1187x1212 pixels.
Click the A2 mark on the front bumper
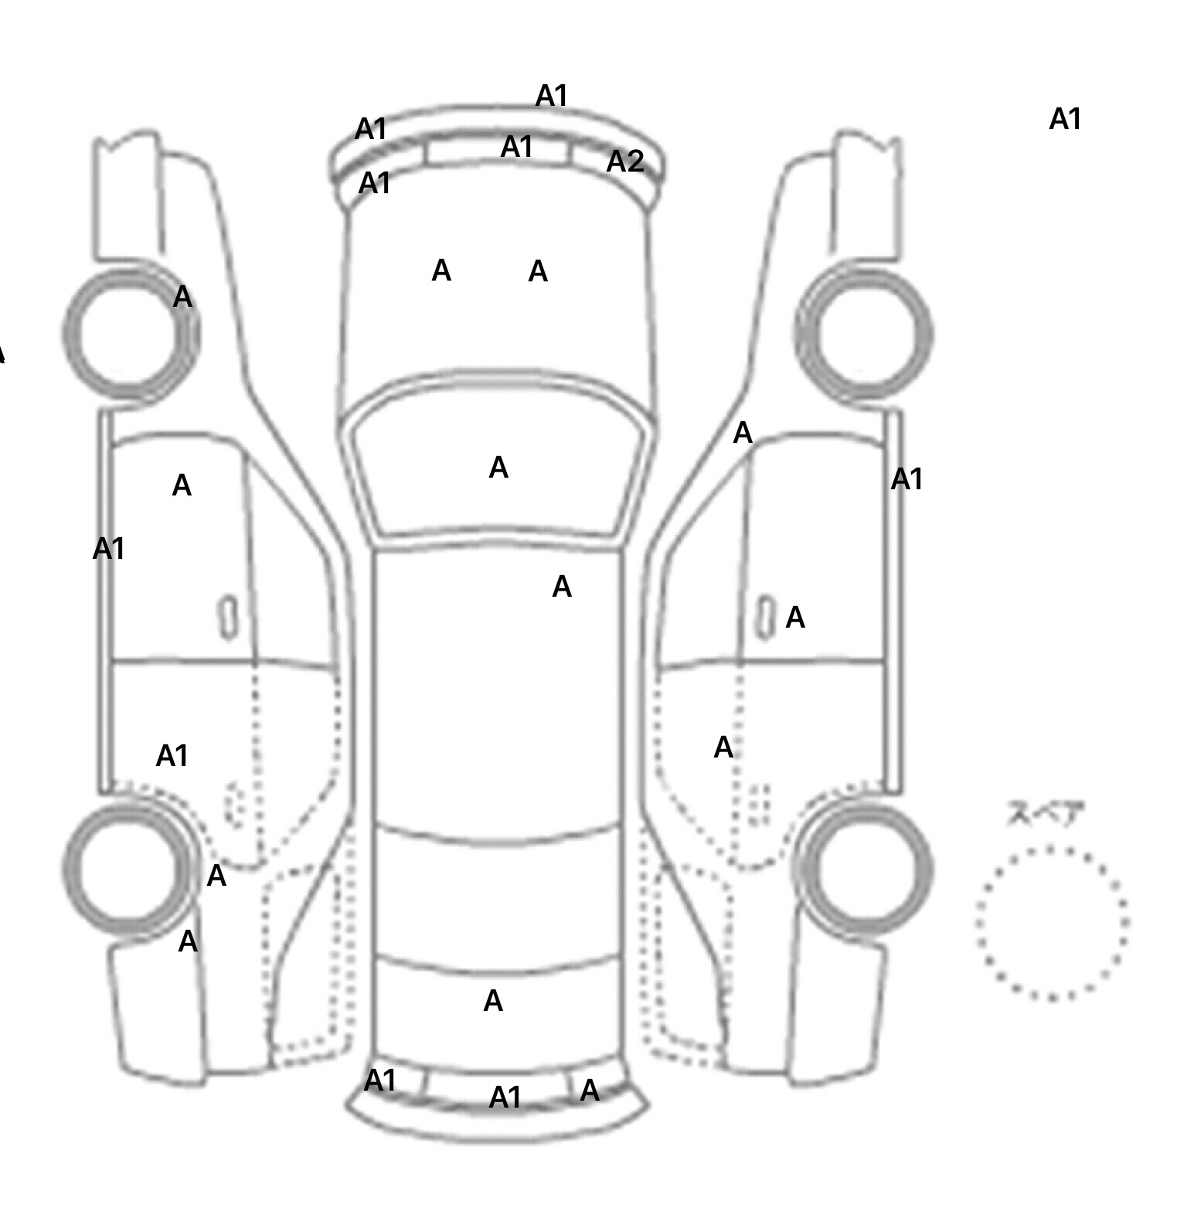tap(625, 162)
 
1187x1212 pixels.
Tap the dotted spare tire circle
tap(1052, 923)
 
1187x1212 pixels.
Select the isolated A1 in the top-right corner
tap(1065, 119)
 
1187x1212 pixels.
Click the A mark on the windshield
tap(498, 468)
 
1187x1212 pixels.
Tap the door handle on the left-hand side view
tap(229, 618)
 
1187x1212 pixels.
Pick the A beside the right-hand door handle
tap(795, 618)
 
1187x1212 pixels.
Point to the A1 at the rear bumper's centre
tap(505, 1098)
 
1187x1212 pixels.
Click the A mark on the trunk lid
tap(493, 1002)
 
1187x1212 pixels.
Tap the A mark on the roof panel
tap(562, 587)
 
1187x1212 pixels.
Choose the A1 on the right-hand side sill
tap(906, 479)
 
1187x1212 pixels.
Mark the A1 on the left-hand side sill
tap(108, 549)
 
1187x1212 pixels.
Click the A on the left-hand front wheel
tap(182, 297)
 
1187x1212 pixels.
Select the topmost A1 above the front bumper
tap(552, 96)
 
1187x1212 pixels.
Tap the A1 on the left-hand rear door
tap(172, 755)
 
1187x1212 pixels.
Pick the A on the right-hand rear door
tap(723, 747)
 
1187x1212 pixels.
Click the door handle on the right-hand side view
tap(765, 618)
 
